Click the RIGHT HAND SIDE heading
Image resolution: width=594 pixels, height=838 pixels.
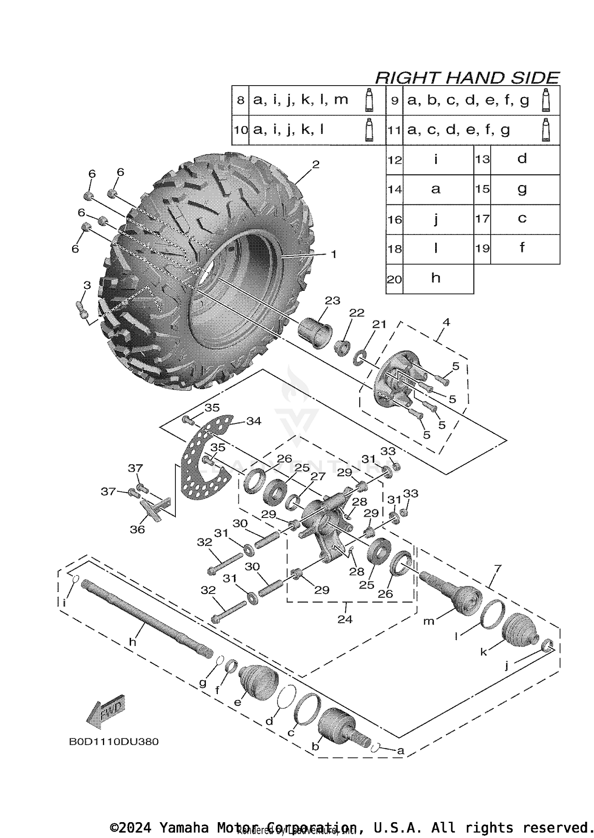click(467, 78)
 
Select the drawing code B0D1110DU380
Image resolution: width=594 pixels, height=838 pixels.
click(114, 741)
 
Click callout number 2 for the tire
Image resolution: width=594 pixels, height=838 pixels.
click(315, 164)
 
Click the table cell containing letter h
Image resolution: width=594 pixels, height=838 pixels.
click(436, 279)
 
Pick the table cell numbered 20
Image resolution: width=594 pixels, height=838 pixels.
click(394, 279)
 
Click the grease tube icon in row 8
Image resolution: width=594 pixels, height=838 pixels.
click(369, 100)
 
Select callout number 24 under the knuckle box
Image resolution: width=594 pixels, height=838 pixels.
click(345, 619)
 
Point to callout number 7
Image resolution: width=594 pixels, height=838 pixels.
click(497, 569)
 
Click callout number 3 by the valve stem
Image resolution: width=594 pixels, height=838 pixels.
click(87, 285)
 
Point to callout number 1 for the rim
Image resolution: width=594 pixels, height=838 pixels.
click(333, 254)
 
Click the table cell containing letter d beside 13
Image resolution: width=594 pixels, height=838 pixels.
click(522, 159)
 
